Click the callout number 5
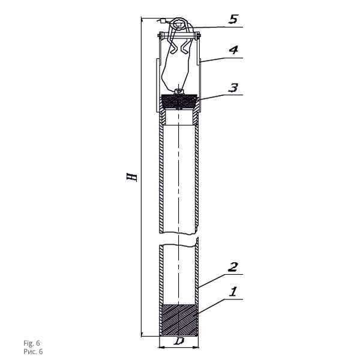[233, 19]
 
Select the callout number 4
[233, 50]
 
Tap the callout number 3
[233, 88]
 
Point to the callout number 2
[233, 267]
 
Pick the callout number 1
[233, 292]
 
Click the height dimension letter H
[132, 177]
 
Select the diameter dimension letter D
[179, 341]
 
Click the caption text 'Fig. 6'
[32, 343]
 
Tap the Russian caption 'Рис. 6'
[33, 352]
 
